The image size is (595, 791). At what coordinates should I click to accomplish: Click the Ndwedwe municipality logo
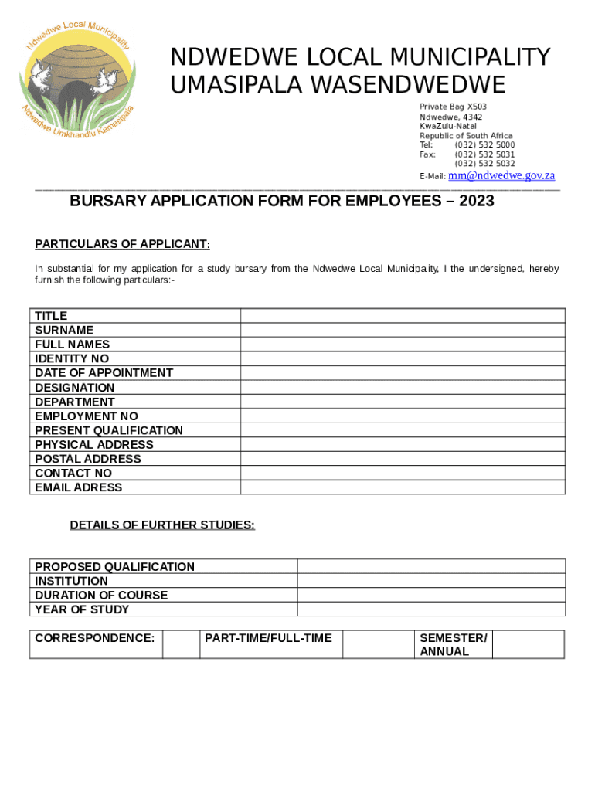[78, 78]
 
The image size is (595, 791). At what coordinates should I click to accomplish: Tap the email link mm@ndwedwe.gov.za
[501, 176]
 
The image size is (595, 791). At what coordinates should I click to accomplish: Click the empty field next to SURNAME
[403, 330]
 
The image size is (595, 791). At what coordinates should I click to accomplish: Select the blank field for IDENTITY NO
[403, 358]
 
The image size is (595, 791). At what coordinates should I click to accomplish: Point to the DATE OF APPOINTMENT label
[104, 373]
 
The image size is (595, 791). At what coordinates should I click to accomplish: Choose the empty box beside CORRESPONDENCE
[181, 644]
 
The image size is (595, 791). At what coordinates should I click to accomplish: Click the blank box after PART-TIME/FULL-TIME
[376, 644]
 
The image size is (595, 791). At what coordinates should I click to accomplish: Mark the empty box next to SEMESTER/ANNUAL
[528, 644]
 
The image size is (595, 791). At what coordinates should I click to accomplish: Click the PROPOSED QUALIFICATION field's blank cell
[431, 567]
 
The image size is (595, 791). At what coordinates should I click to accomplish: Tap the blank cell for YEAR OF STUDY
[431, 609]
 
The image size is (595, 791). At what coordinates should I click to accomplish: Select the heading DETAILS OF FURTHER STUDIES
[162, 525]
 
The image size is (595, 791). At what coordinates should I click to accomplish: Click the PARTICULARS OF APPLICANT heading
[122, 245]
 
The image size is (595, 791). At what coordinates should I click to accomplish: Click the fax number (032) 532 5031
[484, 154]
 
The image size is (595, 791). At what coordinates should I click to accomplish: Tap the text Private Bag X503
[453, 107]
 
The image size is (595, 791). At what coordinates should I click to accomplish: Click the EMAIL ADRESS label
[78, 487]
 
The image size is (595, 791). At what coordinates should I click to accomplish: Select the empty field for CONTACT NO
[403, 473]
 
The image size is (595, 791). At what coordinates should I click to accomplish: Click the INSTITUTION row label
[71, 581]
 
